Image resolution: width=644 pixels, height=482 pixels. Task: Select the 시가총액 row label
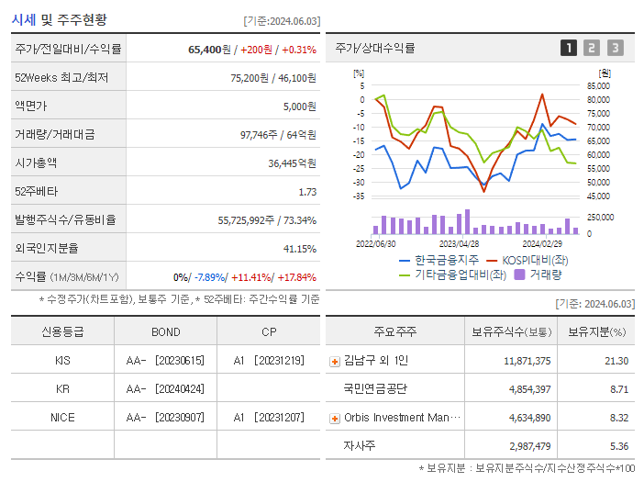(36, 163)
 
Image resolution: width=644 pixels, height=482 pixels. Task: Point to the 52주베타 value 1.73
(306, 192)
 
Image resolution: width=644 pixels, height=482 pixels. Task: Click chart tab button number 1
(569, 49)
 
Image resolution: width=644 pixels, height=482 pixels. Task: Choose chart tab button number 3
(615, 49)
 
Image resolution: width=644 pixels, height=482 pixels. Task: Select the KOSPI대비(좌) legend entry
(536, 260)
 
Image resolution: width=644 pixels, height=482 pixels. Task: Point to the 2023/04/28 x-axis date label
(459, 244)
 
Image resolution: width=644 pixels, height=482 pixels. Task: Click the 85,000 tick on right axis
(598, 86)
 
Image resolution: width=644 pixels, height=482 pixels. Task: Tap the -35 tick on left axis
(359, 196)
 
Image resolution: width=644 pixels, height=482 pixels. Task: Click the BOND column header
(166, 332)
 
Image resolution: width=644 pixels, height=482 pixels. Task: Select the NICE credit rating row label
(62, 417)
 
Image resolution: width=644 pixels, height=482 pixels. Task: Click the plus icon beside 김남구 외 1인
(335, 362)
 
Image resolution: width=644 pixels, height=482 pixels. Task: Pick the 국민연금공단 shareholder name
(374, 389)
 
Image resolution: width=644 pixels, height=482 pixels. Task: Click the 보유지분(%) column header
(596, 332)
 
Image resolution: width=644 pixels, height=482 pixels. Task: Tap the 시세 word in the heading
(23, 18)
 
